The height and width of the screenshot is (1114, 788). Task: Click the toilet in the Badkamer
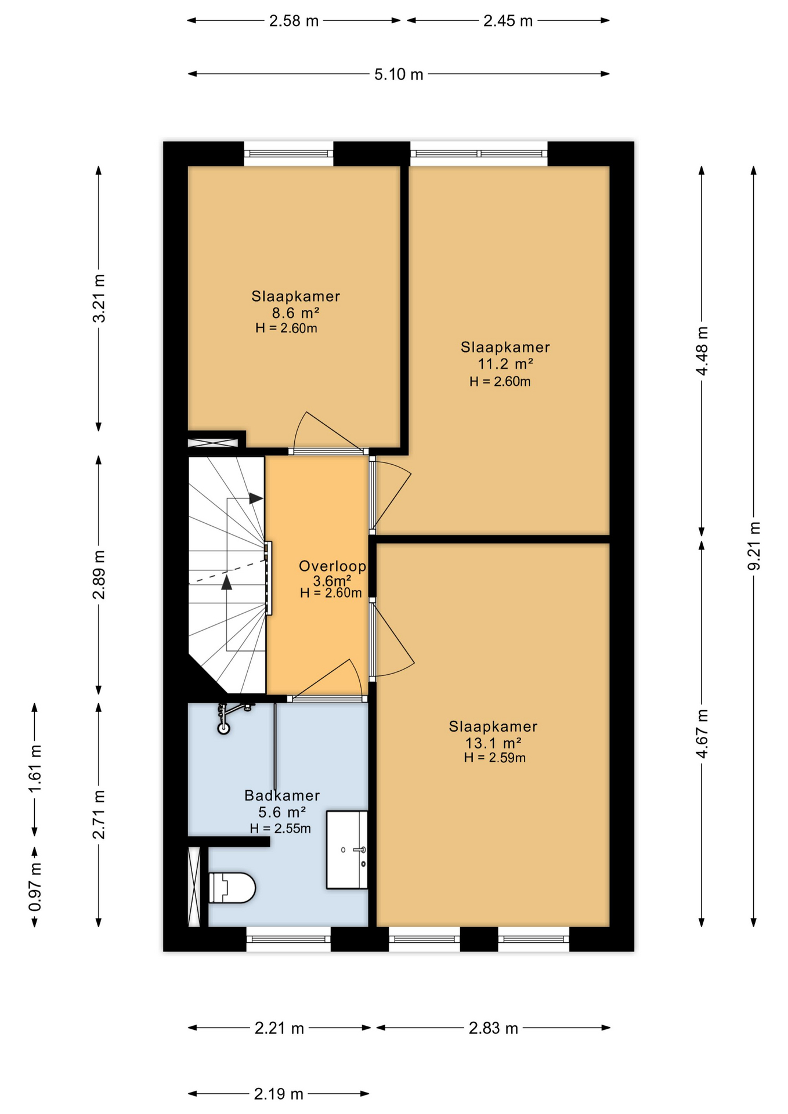[x=232, y=887]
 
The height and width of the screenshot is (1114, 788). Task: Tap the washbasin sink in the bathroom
[x=347, y=849]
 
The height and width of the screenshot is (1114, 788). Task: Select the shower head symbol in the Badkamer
[x=223, y=727]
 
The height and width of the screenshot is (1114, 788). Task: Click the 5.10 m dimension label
[x=399, y=74]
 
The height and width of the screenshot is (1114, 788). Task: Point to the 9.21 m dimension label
[x=754, y=546]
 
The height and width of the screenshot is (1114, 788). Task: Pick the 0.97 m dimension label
[x=35, y=887]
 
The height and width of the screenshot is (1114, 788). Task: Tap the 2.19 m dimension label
[x=279, y=1094]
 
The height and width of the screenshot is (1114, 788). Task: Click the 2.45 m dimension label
[x=508, y=21]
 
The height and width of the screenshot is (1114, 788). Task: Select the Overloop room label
[x=332, y=566]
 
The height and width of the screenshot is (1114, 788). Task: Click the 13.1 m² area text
[x=493, y=743]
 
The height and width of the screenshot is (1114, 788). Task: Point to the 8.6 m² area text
[x=296, y=313]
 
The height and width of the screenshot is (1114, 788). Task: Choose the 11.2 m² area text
[x=505, y=364]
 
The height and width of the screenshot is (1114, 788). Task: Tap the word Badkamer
[x=282, y=795]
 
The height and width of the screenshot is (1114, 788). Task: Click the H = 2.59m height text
[x=495, y=758]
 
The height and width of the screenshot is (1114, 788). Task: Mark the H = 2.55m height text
[x=280, y=829]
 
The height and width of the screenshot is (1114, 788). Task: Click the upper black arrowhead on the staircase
[x=256, y=498]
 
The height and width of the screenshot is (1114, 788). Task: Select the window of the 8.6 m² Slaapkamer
[x=288, y=154]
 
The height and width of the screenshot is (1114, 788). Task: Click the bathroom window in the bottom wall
[x=288, y=939]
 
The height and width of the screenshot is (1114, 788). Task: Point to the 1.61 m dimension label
[x=35, y=769]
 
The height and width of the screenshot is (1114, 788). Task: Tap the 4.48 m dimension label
[x=702, y=351]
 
